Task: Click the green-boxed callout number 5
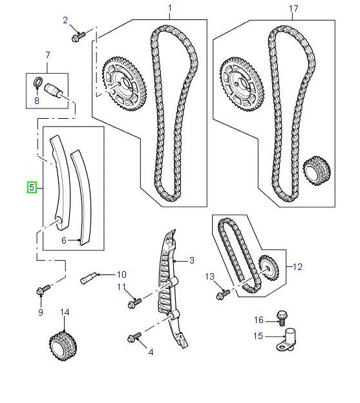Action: click(31, 188)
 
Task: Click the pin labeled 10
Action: click(89, 278)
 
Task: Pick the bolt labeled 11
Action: click(134, 302)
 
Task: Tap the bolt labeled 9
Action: click(41, 292)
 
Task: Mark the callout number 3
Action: click(192, 260)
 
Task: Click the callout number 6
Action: click(64, 240)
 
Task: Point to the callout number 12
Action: click(297, 266)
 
